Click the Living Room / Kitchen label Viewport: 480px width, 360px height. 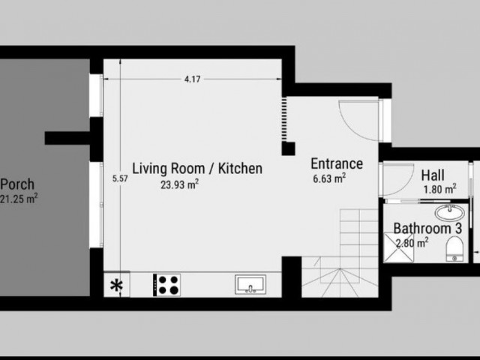[197, 169]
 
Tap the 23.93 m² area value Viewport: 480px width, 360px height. [180, 184]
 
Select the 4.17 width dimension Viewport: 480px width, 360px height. [192, 79]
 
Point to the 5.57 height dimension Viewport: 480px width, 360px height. [120, 178]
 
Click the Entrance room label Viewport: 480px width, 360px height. [337, 163]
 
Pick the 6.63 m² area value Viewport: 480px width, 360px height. [329, 178]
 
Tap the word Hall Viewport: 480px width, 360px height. [433, 175]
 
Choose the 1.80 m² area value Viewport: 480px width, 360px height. [440, 189]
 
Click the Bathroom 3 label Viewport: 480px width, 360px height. [427, 228]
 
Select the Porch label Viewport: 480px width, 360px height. [17, 184]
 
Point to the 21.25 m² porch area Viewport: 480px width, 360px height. [19, 199]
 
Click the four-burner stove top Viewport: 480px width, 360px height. [166, 285]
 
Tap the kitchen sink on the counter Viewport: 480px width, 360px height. [250, 284]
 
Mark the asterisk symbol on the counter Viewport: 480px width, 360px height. [117, 286]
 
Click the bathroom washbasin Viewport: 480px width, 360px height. [449, 212]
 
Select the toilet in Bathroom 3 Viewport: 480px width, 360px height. [454, 248]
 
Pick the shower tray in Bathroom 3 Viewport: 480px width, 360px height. [398, 247]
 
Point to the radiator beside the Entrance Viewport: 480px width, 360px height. [284, 119]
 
